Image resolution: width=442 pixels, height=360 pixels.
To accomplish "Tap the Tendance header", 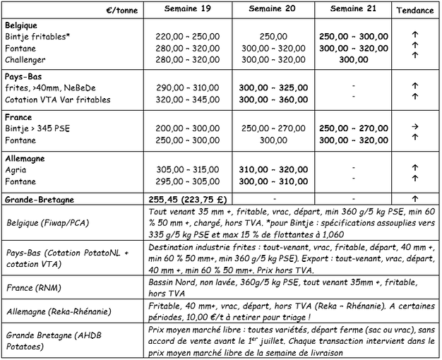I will tap(414, 11).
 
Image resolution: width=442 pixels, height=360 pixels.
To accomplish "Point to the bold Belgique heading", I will tap(23, 25).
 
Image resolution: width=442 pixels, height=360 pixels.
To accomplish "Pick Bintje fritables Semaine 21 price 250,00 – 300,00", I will tap(353, 36).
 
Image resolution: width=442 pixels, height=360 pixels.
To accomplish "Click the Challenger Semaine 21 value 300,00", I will tap(353, 60).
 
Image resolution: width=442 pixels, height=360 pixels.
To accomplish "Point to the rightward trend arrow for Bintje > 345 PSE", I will tap(415, 129).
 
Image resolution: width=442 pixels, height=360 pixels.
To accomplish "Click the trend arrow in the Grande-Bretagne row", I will tap(415, 200).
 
